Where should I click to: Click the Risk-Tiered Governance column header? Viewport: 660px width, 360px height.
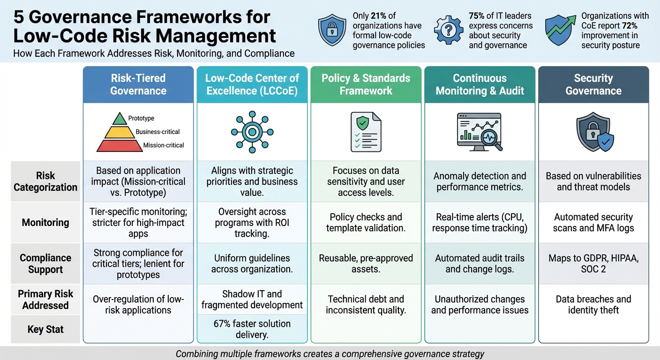pyautogui.click(x=138, y=84)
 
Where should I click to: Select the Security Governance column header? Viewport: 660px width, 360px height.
pyautogui.click(x=593, y=84)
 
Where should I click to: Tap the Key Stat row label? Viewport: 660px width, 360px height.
pyautogui.click(x=45, y=329)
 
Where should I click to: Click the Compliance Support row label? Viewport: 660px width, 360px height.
pyautogui.click(x=45, y=263)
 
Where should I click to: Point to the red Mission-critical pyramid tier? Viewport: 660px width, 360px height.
pyautogui.click(x=120, y=146)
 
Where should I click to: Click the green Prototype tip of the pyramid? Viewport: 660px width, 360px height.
pyautogui.click(x=120, y=119)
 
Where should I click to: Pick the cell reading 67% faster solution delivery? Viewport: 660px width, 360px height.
pyautogui.click(x=252, y=329)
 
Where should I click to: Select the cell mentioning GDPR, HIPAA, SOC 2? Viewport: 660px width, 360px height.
pyautogui.click(x=593, y=263)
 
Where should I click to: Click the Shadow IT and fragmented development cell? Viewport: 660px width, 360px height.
pyautogui.click(x=252, y=300)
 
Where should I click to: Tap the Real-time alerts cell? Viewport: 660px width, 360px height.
pyautogui.click(x=480, y=223)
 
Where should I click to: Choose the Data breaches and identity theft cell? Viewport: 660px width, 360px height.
pyautogui.click(x=593, y=305)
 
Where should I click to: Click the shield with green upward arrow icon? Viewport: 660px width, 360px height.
pyautogui.click(x=560, y=30)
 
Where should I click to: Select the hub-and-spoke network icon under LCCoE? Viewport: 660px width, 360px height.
pyautogui.click(x=252, y=132)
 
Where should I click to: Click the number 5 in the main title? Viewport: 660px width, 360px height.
pyautogui.click(x=19, y=17)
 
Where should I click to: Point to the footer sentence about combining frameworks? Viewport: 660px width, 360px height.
pyautogui.click(x=330, y=353)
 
